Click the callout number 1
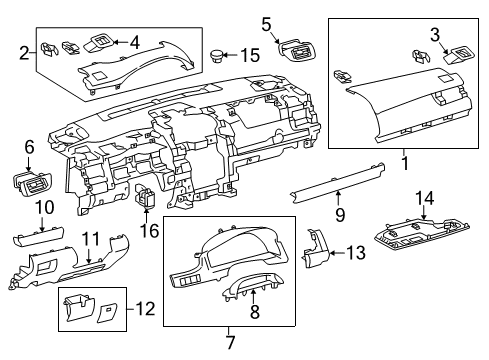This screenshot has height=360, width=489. tap(404, 159)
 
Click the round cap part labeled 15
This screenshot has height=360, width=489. tap(219, 52)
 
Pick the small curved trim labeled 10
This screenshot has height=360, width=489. tap(38, 240)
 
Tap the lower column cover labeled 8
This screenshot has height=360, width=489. tap(252, 291)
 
